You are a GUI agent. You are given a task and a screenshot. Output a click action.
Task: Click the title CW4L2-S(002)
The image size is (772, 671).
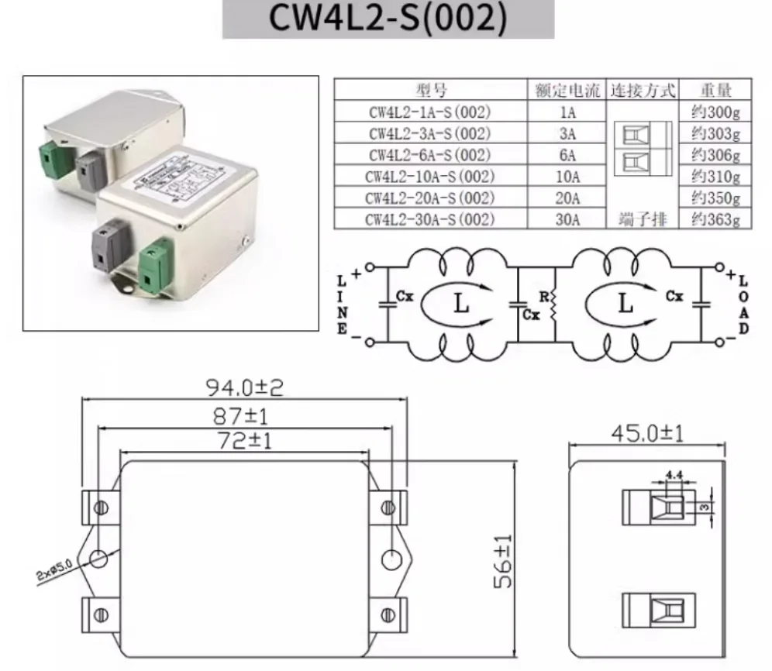[388, 19]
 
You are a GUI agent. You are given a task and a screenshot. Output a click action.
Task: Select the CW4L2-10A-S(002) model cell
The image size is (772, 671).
[430, 177]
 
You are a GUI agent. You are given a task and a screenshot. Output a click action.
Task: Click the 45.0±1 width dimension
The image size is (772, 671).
[647, 433]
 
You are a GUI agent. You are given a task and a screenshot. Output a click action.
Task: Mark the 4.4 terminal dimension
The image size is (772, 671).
[673, 475]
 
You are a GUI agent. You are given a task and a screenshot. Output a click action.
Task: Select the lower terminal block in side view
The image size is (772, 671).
[659, 609]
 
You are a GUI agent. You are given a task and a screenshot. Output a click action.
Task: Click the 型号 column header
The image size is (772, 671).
[430, 90]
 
